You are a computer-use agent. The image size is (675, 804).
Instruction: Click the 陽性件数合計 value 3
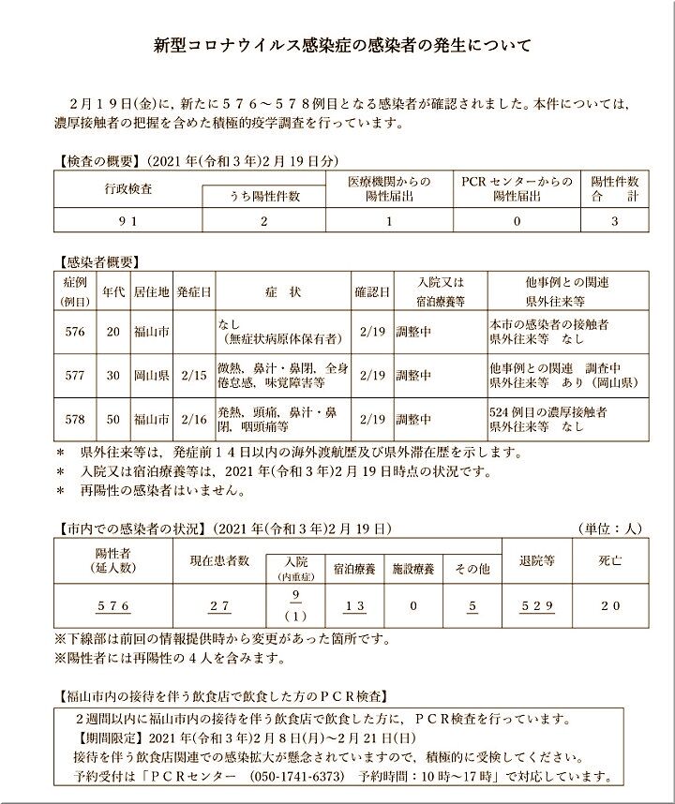coord(614,221)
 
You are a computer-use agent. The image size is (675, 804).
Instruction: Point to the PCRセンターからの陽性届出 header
coord(517,188)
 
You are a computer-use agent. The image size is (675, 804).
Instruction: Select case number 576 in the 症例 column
coord(76,332)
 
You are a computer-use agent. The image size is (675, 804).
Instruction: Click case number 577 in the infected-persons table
coord(76,375)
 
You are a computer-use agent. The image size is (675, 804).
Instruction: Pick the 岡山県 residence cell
coord(151,375)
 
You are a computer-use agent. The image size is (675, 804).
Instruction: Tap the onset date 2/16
coord(194,419)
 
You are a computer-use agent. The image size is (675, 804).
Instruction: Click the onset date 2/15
coord(194,375)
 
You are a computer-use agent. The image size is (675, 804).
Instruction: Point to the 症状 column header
coord(283,292)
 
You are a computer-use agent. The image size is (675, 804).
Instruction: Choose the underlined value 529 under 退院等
coord(537,606)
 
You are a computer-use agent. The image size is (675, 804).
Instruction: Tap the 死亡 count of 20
coord(609,606)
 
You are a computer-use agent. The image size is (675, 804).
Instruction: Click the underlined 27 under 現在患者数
coord(219,606)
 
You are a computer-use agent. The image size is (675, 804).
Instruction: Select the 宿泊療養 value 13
coord(354,606)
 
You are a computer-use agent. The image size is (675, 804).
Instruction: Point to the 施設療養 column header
coord(412,569)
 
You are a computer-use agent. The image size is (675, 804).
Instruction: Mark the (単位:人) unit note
coord(608,529)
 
